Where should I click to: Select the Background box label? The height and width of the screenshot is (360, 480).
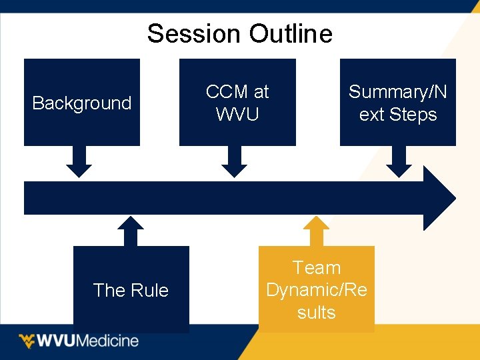click(x=82, y=103)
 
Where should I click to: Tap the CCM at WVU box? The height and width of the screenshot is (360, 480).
click(x=237, y=102)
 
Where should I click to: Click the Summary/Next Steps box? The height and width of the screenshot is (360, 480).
click(x=398, y=102)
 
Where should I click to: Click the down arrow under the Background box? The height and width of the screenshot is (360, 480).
click(x=79, y=163)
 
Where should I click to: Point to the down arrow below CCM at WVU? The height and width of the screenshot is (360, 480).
click(x=234, y=163)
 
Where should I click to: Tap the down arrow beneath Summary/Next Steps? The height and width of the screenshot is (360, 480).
click(x=399, y=163)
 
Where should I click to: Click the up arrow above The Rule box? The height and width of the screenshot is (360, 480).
click(x=131, y=231)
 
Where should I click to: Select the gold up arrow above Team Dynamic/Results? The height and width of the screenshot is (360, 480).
click(x=317, y=231)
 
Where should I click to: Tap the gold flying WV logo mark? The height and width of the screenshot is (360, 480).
click(x=27, y=341)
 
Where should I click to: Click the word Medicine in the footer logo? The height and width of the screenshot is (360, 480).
click(x=108, y=341)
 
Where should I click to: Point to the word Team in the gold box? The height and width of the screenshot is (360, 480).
click(x=317, y=268)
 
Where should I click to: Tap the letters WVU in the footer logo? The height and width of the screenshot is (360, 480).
click(x=57, y=341)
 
